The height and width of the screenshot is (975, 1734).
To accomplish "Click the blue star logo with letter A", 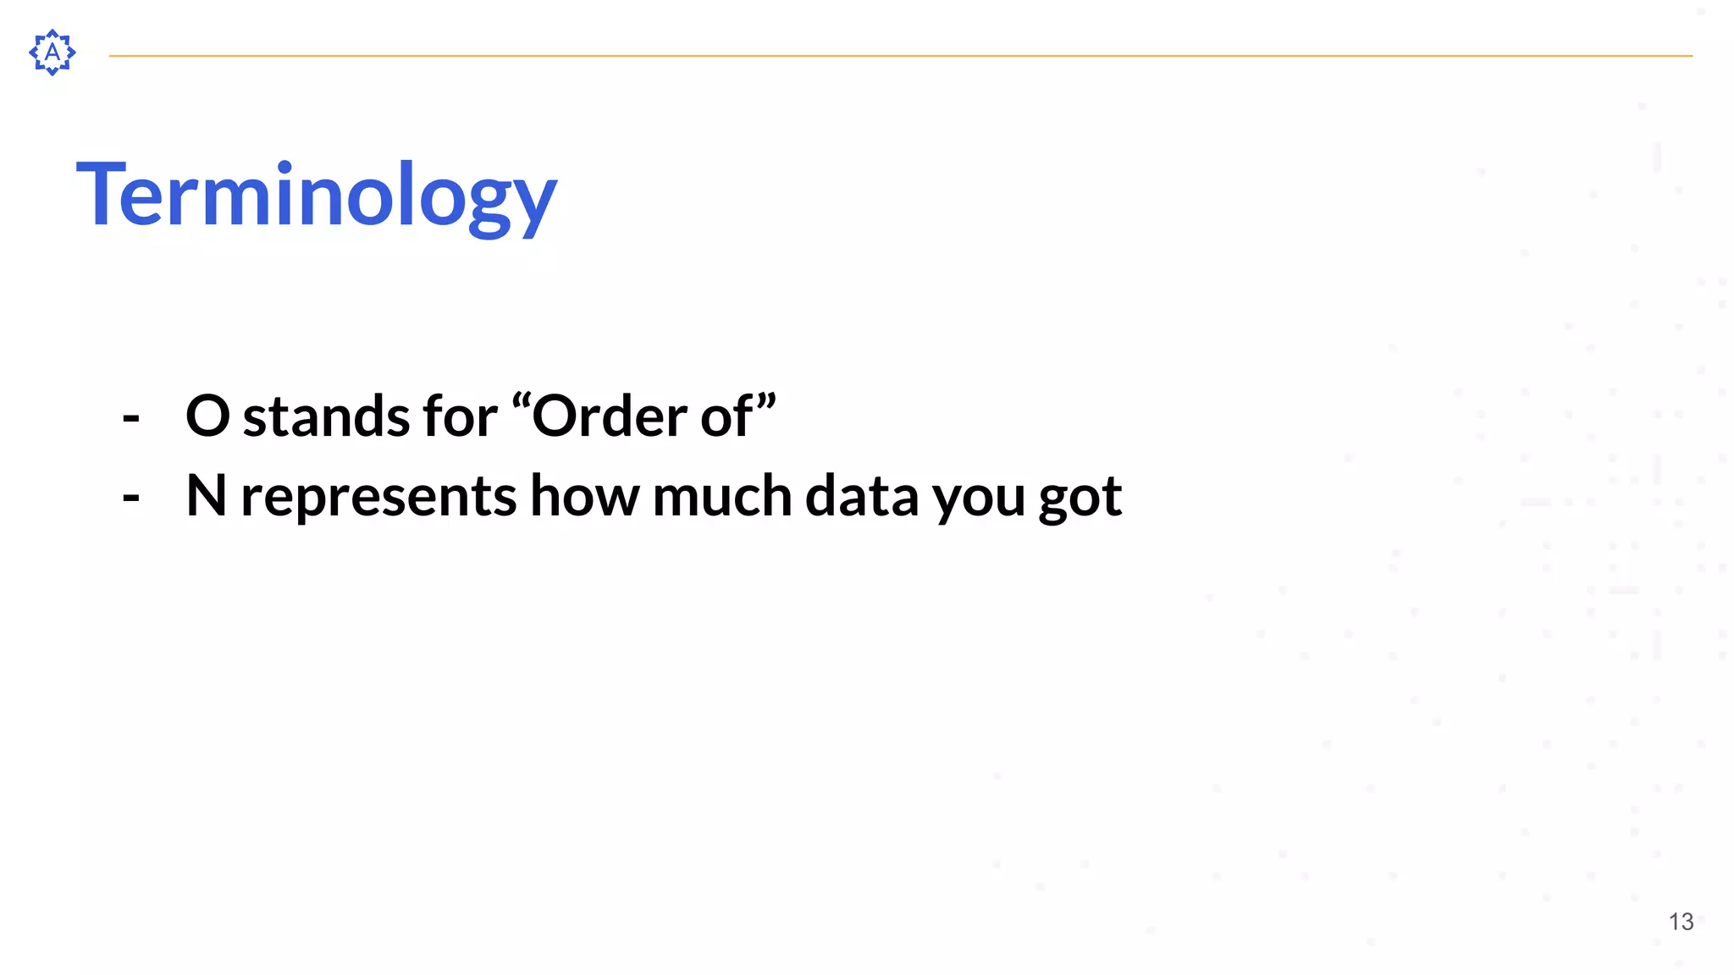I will (52, 52).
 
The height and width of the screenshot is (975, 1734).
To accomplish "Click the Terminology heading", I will (317, 196).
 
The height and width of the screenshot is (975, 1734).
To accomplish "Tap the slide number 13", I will (1681, 922).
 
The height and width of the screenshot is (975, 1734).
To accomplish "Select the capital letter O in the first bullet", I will (207, 416).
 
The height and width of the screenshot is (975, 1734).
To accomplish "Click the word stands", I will (328, 416).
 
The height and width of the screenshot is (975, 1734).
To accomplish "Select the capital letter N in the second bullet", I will (206, 496).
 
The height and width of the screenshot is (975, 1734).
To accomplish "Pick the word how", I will (584, 496).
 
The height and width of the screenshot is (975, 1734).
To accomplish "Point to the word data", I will (861, 496).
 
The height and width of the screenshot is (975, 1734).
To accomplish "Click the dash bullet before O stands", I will (131, 417).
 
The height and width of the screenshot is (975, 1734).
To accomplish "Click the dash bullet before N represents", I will (131, 498).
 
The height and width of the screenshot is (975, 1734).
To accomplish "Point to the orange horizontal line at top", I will (900, 56).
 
